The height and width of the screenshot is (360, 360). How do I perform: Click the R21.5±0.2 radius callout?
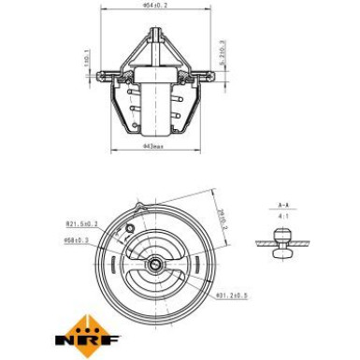[x=81, y=223]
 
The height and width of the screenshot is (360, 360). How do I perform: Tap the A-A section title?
[x=283, y=203]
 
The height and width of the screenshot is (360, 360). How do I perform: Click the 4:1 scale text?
[x=283, y=215]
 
